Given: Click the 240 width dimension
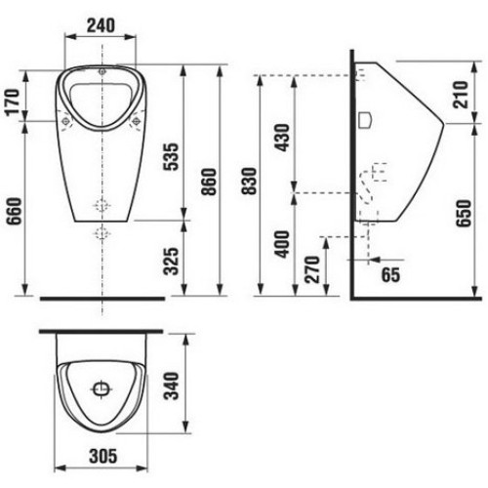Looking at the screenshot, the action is tap(101, 25).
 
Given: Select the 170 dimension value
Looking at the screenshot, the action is tap(13, 102).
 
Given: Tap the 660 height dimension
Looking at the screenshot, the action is tap(15, 211).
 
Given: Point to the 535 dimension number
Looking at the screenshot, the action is tap(171, 156).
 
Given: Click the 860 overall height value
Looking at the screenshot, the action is tap(209, 182).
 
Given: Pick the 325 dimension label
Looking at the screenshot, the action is tap(171, 262).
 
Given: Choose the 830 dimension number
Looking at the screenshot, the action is tap(250, 181).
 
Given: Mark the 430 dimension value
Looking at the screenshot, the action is tap(282, 138).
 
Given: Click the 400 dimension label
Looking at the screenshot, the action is tap(282, 244).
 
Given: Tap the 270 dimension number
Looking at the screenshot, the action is tap(312, 269).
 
